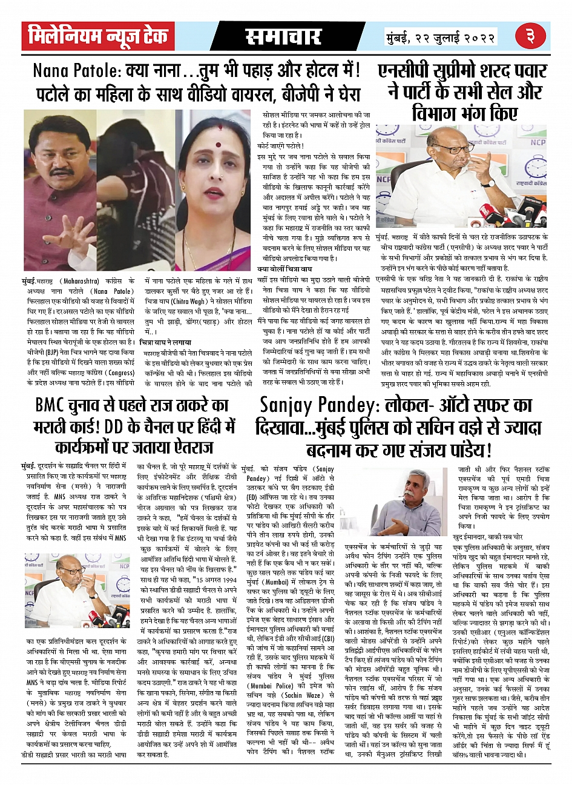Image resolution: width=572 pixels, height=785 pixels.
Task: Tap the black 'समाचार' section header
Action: pos(283,38)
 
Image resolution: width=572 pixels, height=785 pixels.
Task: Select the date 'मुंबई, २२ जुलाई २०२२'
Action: pos(441,38)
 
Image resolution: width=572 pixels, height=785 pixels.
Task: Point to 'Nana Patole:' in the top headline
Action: pos(77,71)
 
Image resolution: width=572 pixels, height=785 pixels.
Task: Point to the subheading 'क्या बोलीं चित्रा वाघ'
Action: pos(286,268)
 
